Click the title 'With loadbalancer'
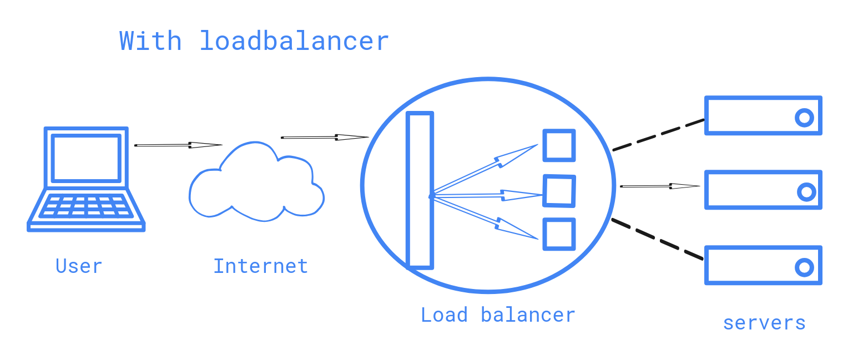click(x=254, y=42)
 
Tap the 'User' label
click(x=79, y=266)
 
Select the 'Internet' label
click(x=260, y=266)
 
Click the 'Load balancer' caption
click(x=497, y=315)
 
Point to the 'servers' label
click(x=764, y=323)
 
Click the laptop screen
click(x=86, y=158)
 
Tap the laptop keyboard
click(x=86, y=206)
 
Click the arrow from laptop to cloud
click(x=178, y=145)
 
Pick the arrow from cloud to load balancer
click(x=325, y=137)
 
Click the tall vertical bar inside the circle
click(x=420, y=190)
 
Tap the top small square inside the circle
click(x=558, y=145)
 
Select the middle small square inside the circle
click(x=559, y=190)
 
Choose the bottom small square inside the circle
click(x=558, y=234)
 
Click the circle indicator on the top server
click(x=804, y=118)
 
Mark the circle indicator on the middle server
click(x=806, y=192)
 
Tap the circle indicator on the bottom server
click(x=804, y=267)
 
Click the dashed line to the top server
click(x=658, y=134)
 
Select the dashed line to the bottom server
click(x=658, y=239)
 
